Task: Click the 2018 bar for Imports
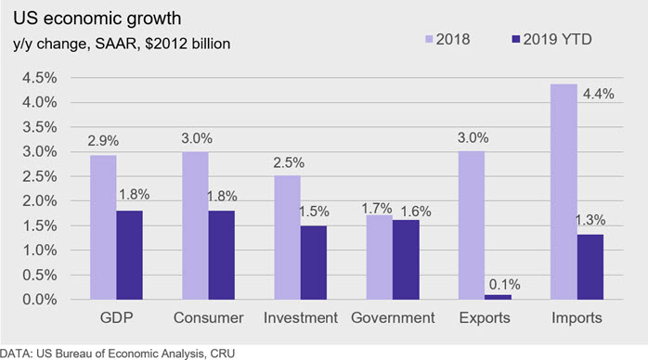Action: click(x=564, y=192)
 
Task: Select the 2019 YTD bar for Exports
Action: click(x=498, y=297)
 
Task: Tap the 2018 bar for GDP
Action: click(x=103, y=227)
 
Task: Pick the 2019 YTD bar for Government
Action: click(x=406, y=260)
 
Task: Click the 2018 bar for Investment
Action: click(x=287, y=238)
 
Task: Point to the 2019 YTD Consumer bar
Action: click(x=222, y=255)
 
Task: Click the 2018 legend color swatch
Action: click(x=429, y=39)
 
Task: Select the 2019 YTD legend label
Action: click(x=558, y=39)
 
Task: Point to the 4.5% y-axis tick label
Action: click(x=40, y=78)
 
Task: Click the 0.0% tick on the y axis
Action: click(x=40, y=300)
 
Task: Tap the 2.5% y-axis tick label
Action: click(x=40, y=176)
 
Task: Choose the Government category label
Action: click(x=393, y=317)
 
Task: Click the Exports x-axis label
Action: click(x=485, y=318)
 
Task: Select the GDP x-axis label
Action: click(x=117, y=317)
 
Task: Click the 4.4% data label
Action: click(x=599, y=94)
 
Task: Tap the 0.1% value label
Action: click(x=505, y=285)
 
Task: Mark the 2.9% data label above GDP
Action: click(x=103, y=141)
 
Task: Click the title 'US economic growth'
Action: click(x=97, y=19)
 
